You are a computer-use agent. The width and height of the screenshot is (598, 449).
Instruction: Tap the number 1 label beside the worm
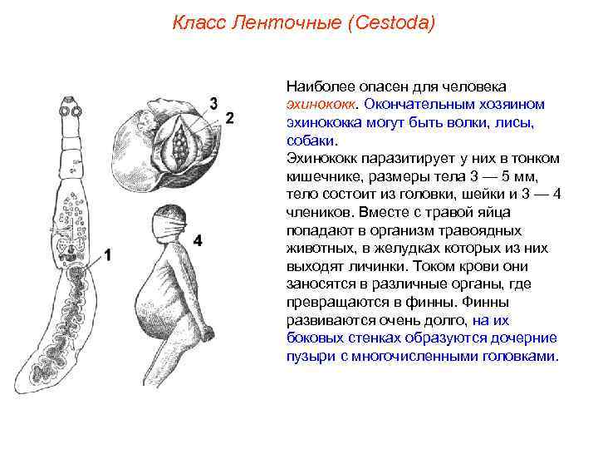click(x=106, y=256)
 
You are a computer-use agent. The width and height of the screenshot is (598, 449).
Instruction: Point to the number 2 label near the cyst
click(x=229, y=117)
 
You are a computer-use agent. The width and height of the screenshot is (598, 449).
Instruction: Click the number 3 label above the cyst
click(x=213, y=103)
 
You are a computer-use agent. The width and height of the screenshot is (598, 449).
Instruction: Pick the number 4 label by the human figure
click(x=198, y=240)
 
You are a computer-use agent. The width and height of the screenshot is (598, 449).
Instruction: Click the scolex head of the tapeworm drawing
click(x=71, y=109)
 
